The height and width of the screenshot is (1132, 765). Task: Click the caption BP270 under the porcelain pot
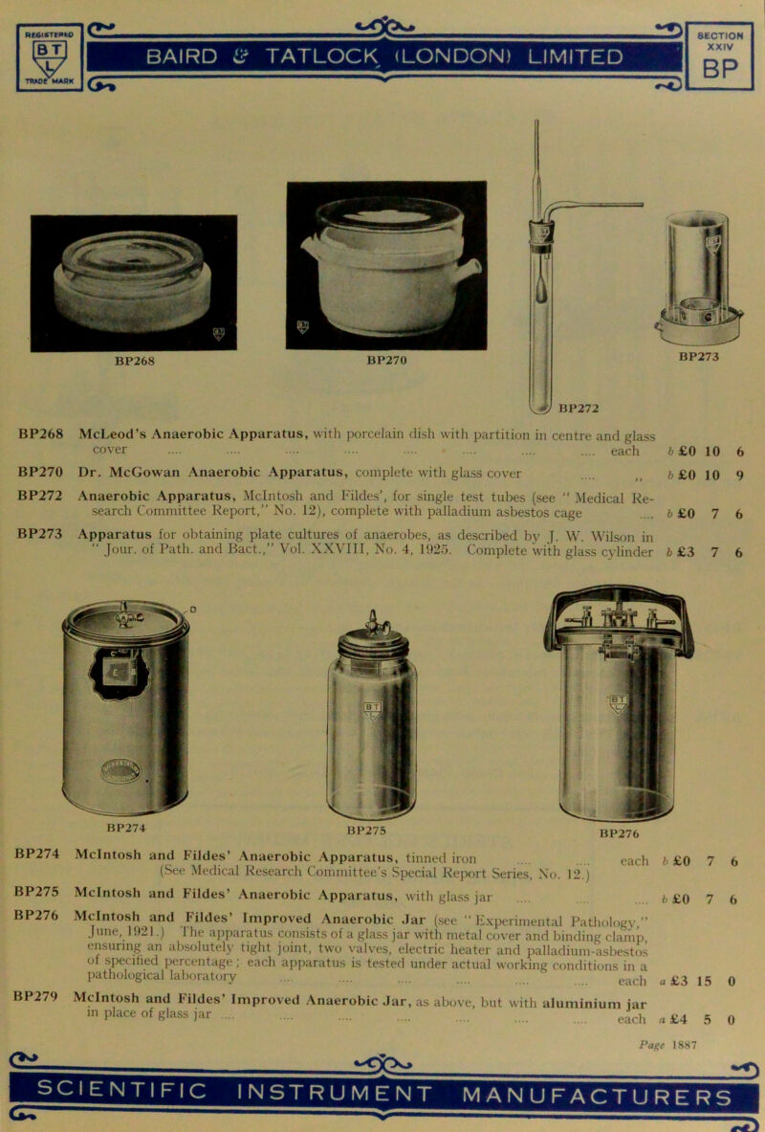click(x=386, y=364)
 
